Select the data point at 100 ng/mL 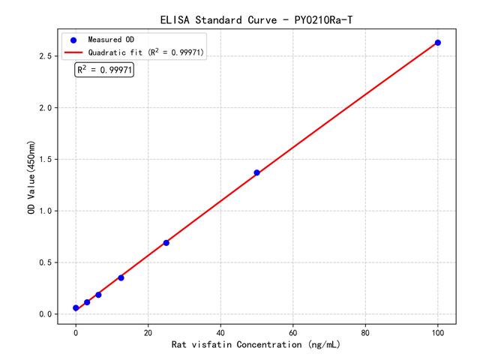tap(438, 43)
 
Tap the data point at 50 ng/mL tap(256, 172)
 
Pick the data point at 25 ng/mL tap(166, 242)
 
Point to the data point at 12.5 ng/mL tap(121, 277)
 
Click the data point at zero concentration tap(76, 308)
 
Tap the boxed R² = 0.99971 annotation tap(105, 70)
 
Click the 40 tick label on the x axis tap(220, 331)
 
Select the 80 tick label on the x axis tap(365, 331)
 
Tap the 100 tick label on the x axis tap(438, 331)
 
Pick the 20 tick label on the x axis tap(148, 331)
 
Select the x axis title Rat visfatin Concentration tap(256, 344)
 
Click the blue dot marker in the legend tap(73, 39)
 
